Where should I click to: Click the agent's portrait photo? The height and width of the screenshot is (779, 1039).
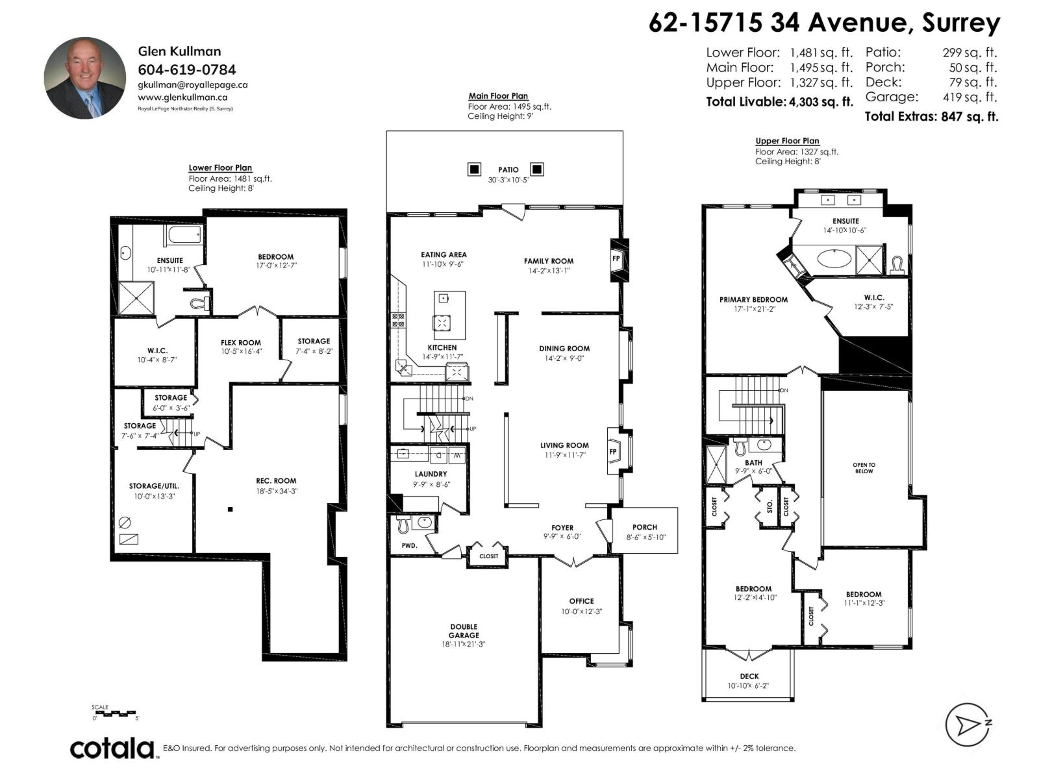click(84, 78)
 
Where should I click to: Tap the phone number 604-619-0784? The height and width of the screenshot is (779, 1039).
click(187, 69)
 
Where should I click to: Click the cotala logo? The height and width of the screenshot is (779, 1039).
click(112, 748)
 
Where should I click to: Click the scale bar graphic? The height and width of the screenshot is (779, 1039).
click(115, 713)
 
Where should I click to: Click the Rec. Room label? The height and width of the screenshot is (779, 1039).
click(276, 481)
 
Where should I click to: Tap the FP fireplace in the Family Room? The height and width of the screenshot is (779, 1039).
click(616, 258)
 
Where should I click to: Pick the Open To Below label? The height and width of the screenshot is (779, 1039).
click(864, 468)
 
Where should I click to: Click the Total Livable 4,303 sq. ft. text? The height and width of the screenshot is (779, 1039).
click(779, 102)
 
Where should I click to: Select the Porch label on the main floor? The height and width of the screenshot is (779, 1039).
click(644, 527)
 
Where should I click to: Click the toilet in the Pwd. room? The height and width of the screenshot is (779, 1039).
click(403, 523)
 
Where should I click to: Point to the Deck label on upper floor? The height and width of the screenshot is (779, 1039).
click(749, 676)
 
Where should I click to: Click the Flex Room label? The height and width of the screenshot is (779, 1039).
click(240, 343)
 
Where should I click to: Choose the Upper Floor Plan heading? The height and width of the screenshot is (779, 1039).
click(787, 141)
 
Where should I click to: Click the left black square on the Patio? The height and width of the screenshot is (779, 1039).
click(475, 169)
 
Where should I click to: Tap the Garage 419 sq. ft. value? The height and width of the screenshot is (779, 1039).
click(970, 97)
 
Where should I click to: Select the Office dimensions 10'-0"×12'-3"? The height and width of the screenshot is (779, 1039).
click(581, 612)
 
